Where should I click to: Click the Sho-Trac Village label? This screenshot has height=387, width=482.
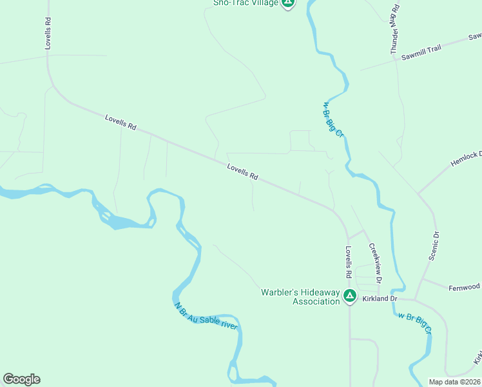(246, 3)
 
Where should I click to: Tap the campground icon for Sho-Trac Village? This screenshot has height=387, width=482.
(289, 3)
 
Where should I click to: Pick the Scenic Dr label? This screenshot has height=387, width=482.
(434, 246)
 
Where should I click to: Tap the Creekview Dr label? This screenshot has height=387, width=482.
(375, 263)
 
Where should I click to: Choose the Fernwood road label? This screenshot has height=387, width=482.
(465, 286)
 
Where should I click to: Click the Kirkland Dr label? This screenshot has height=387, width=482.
(381, 299)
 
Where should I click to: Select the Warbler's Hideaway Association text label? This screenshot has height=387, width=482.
(300, 297)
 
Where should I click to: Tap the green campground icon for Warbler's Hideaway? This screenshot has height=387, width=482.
(349, 297)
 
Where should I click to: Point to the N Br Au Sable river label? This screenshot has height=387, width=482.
(206, 315)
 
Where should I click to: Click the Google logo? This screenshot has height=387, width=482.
(21, 379)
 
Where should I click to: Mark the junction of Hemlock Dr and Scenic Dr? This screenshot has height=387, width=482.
(418, 193)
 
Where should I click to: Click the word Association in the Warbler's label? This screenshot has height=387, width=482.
(316, 301)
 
